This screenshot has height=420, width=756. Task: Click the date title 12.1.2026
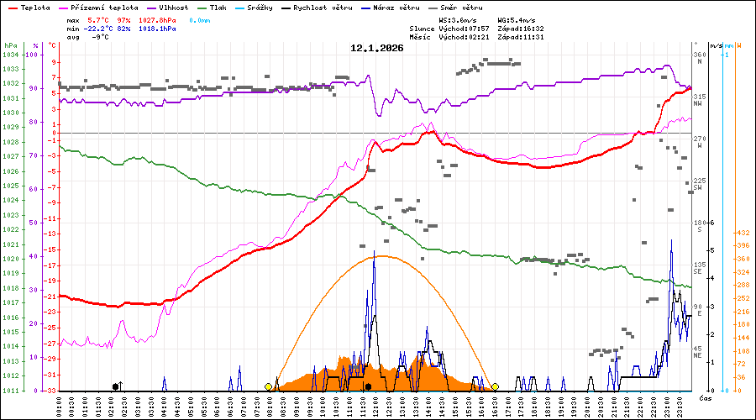(x=377, y=49)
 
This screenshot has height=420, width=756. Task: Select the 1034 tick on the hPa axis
(x=10, y=55)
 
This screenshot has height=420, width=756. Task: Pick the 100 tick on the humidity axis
(x=34, y=55)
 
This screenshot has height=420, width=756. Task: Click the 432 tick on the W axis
(x=743, y=233)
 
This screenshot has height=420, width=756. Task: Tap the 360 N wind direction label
(x=698, y=57)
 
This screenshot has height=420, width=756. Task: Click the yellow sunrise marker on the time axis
(x=269, y=386)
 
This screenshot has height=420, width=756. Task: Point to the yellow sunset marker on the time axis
(x=495, y=386)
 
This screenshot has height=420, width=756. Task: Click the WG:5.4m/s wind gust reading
(x=516, y=18)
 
